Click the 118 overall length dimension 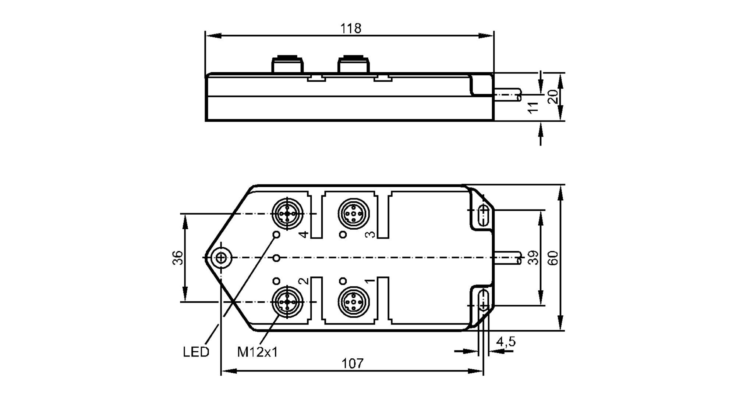(350, 28)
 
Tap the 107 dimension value (352, 363)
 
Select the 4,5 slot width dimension (506, 342)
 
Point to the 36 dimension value (178, 258)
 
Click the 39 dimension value (533, 258)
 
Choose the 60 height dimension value (553, 258)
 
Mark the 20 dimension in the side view (553, 97)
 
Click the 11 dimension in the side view (533, 107)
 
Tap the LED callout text (196, 352)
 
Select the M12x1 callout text (257, 352)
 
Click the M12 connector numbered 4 (287, 214)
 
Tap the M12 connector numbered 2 (287, 302)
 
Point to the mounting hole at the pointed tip (221, 258)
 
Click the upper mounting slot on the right (483, 215)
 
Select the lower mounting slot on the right (483, 300)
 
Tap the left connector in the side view (287, 65)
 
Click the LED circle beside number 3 (343, 234)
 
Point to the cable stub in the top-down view (508, 258)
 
